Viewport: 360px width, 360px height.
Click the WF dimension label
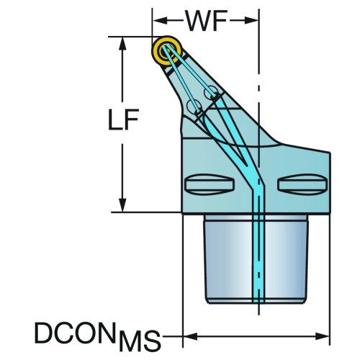[x=207, y=21]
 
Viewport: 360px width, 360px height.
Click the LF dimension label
[x=124, y=120]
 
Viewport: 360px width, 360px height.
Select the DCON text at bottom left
[x=74, y=333]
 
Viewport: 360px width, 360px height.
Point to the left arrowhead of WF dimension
[x=160, y=21]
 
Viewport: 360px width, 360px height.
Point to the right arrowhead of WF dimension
[x=251, y=21]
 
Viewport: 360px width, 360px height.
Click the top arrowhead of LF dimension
[x=122, y=44]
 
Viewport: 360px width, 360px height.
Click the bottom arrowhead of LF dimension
[x=122, y=205]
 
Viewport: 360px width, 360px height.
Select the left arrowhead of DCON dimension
[x=190, y=336]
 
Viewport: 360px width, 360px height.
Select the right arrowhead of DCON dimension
[x=322, y=336]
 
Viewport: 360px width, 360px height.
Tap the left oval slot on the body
[x=210, y=184]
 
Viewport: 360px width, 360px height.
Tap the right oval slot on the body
[x=302, y=184]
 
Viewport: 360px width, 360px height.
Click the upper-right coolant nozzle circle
[x=211, y=92]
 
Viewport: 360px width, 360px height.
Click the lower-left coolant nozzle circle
[x=194, y=106]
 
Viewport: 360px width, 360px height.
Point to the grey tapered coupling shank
[x=256, y=259]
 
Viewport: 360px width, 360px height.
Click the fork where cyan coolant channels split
[x=247, y=165]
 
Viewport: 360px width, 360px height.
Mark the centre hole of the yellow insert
[x=166, y=50]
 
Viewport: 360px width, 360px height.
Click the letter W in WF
[x=198, y=21]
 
